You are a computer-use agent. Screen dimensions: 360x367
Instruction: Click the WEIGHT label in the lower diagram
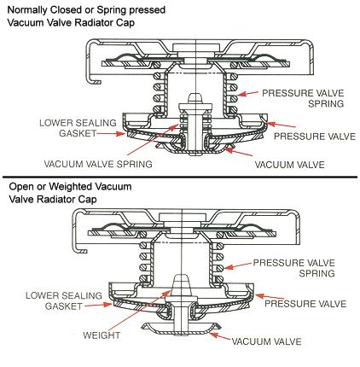pos(102,335)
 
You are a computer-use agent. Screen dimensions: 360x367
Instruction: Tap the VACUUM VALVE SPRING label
pos(98,164)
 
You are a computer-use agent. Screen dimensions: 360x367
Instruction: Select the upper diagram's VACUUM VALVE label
pos(289,165)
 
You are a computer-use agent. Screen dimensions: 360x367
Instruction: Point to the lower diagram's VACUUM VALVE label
pos(266,341)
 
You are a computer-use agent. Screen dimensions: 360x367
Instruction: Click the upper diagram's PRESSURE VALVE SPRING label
pos(303,98)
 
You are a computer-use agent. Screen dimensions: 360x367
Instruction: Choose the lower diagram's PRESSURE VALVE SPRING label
pos(294,268)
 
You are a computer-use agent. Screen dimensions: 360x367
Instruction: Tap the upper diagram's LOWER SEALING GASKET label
pos(78,128)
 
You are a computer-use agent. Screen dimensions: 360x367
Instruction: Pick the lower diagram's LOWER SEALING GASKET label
pos(64,300)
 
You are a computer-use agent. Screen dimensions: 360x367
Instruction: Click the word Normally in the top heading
pos(27,10)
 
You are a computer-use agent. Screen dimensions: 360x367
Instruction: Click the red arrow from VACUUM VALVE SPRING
pos(154,139)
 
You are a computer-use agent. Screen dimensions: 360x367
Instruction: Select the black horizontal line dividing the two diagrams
pos(180,178)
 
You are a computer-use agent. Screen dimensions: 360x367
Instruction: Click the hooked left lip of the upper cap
pos(94,79)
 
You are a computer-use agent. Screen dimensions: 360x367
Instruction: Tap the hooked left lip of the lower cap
pos(80,247)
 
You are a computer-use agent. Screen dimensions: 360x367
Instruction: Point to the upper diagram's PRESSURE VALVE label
pos(315,137)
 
